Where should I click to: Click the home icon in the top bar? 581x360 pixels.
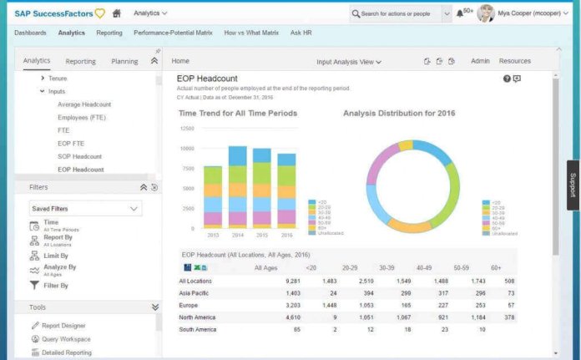[116, 13]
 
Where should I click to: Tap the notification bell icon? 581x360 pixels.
[460, 13]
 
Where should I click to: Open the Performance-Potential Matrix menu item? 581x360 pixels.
[173, 33]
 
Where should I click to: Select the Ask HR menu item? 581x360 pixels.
[301, 33]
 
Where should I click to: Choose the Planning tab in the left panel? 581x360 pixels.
[124, 61]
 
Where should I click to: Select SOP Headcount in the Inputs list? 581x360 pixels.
[79, 156]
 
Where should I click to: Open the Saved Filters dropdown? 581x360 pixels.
[84, 208]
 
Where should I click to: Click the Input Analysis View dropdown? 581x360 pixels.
[349, 62]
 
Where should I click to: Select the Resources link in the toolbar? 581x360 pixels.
[514, 61]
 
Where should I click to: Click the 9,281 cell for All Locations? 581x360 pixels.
[292, 281]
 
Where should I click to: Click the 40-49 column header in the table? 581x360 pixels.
[424, 267]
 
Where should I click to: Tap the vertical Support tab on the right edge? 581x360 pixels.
[573, 185]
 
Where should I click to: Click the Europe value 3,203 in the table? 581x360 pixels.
[292, 306]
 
